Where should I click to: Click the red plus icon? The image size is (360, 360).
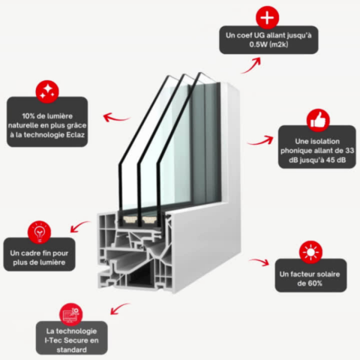pyautogui.click(x=267, y=17)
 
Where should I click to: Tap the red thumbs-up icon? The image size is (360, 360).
pyautogui.click(x=318, y=120)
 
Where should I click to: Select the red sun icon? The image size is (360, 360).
pyautogui.click(x=310, y=252)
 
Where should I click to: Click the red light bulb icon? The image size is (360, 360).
pyautogui.click(x=39, y=232)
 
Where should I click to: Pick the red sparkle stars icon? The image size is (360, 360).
pyautogui.click(x=47, y=91)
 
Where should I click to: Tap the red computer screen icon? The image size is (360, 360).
pyautogui.click(x=71, y=314)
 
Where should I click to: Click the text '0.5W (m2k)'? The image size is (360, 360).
pyautogui.click(x=268, y=44)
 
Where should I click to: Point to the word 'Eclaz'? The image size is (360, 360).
pyautogui.click(x=76, y=135)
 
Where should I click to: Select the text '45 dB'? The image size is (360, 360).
pyautogui.click(x=336, y=160)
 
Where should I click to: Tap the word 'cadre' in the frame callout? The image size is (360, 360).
pyautogui.click(x=30, y=253)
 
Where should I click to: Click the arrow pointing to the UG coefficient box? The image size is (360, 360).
pyautogui.click(x=250, y=65)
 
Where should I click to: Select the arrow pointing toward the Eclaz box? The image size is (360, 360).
pyautogui.click(x=116, y=118)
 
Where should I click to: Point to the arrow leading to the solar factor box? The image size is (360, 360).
pyautogui.click(x=259, y=262)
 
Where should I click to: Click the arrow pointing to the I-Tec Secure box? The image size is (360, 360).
pyautogui.click(x=119, y=308)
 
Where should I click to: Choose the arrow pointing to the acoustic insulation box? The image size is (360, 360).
pyautogui.click(x=260, y=141)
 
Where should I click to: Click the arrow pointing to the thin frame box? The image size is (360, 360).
pyautogui.click(x=79, y=226)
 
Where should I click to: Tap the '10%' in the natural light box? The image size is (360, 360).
pyautogui.click(x=28, y=116)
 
